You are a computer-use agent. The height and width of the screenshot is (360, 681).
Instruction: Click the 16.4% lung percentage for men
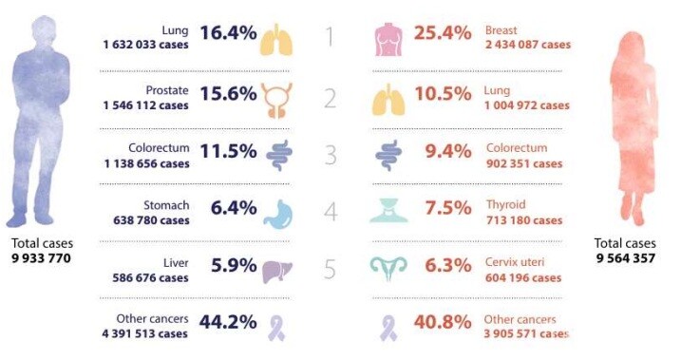(x=228, y=33)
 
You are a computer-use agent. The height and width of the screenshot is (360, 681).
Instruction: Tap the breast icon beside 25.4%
(x=388, y=41)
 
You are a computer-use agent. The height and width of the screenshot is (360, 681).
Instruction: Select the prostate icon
(x=276, y=100)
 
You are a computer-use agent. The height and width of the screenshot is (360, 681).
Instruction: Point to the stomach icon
(x=279, y=214)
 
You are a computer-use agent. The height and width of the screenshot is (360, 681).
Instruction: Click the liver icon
(x=277, y=271)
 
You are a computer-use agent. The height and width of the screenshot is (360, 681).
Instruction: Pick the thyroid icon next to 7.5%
(x=388, y=210)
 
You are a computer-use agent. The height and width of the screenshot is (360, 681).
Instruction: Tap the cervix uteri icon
(x=388, y=268)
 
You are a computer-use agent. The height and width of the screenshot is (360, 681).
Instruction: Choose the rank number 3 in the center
(x=331, y=155)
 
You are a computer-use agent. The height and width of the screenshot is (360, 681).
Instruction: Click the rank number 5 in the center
(x=330, y=269)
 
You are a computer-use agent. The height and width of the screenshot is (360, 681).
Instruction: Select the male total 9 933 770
(x=41, y=258)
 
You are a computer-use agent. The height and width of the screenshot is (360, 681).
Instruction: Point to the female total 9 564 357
(x=625, y=258)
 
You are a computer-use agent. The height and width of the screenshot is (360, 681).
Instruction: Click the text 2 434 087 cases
(x=528, y=45)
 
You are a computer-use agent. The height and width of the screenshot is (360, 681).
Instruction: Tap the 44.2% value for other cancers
(x=228, y=322)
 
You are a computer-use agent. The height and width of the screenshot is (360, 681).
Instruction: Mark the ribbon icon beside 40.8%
(x=388, y=328)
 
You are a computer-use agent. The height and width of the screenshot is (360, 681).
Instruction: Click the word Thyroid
(x=506, y=204)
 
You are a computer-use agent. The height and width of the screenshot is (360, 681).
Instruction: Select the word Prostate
(x=167, y=91)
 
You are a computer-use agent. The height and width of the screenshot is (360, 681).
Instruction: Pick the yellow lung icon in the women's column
(x=388, y=101)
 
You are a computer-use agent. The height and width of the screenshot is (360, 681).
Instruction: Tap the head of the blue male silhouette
(x=44, y=30)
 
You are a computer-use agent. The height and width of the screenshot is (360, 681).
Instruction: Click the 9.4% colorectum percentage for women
(x=448, y=152)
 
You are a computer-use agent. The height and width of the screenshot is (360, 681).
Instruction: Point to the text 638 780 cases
(x=151, y=220)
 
